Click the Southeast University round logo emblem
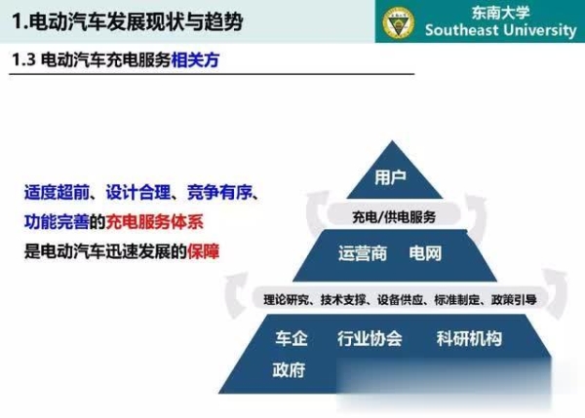point(399,21)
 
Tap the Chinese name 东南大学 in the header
point(501,13)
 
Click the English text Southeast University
point(501,30)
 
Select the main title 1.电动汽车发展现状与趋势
point(128,21)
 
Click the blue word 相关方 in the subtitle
point(195,59)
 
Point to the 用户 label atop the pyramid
point(391,177)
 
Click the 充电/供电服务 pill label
point(394,216)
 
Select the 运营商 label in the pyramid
point(363,253)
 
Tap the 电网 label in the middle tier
point(425,253)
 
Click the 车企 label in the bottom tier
point(292,338)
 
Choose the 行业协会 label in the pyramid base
point(370,338)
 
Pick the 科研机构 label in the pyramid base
point(469,338)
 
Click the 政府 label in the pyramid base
point(289,369)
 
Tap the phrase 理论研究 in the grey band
point(286,299)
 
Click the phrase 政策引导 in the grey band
point(514,299)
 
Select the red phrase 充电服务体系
point(155,222)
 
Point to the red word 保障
point(204,251)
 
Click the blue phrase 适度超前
point(57,192)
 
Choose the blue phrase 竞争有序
point(219,192)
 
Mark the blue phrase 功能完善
point(57,222)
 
